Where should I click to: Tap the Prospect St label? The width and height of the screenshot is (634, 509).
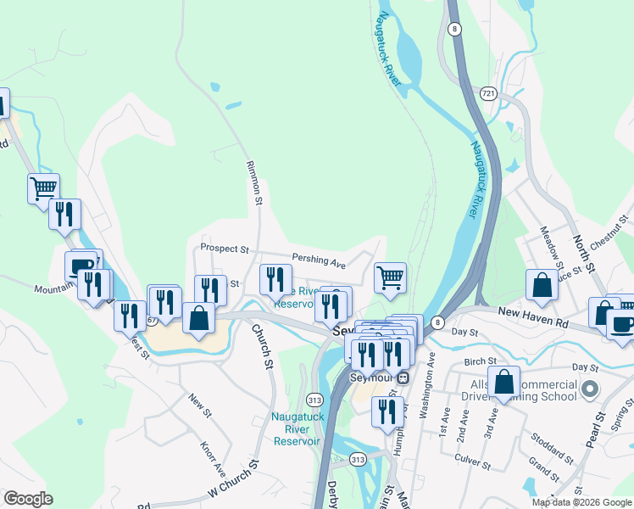point(224,249)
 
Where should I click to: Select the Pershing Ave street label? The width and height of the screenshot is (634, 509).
point(319,260)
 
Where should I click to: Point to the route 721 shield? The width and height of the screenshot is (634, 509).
point(488,92)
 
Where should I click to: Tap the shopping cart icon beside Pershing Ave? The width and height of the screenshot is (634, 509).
point(390,277)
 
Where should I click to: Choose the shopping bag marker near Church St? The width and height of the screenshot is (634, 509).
point(198,319)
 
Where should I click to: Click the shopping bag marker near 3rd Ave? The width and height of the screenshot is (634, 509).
point(503,382)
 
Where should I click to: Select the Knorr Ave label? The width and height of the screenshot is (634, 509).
point(211,457)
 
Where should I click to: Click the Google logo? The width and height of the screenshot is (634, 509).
point(28,499)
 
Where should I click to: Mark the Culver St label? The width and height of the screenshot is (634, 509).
point(474,465)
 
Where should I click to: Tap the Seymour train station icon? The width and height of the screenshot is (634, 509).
point(403,377)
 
